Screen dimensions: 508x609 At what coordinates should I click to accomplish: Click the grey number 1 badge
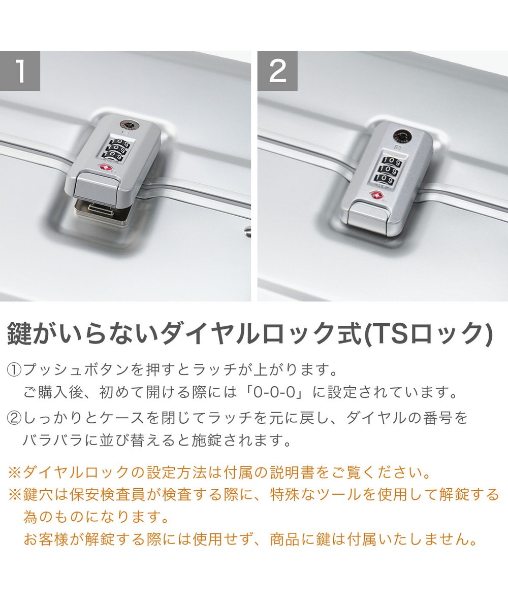[20, 71]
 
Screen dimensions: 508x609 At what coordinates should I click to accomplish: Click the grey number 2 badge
[277, 71]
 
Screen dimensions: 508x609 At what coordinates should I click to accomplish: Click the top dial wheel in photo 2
[392, 161]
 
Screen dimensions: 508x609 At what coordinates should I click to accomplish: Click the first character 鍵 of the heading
[19, 334]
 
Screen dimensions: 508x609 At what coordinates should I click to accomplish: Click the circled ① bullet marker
[14, 370]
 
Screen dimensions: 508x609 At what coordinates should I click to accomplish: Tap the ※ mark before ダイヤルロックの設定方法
[15, 473]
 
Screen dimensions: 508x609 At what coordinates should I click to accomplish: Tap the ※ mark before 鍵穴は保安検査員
[15, 495]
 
